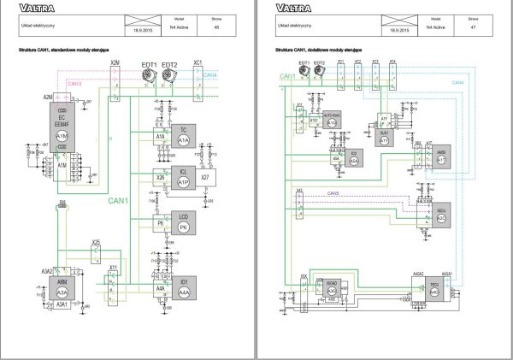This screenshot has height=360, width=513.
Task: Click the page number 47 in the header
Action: tap(473, 28)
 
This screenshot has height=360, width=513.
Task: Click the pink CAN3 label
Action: tap(74, 84)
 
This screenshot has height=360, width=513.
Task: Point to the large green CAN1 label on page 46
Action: tap(119, 203)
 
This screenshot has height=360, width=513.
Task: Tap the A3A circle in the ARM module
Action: tap(62, 292)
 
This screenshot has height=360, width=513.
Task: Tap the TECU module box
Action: tap(435, 287)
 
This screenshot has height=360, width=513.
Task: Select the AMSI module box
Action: tap(441, 156)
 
